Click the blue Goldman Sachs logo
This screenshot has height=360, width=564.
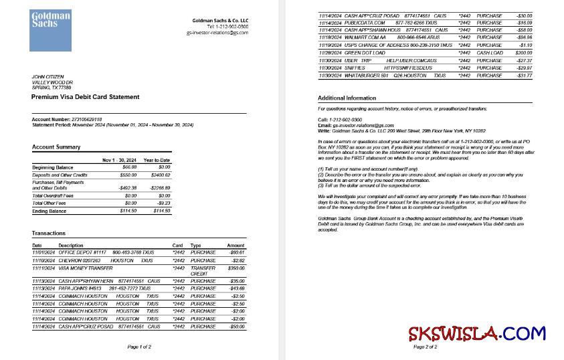(50, 31)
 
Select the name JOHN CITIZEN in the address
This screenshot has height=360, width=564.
(46, 77)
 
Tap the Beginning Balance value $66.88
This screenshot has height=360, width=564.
(128, 167)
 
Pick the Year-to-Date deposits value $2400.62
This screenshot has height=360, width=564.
(159, 174)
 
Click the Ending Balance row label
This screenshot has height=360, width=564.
(50, 211)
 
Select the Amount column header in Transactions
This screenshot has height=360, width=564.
(236, 246)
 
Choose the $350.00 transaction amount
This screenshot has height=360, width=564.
(236, 267)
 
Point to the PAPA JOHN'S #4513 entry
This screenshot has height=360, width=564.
(80, 288)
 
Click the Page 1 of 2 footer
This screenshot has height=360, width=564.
(139, 347)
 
